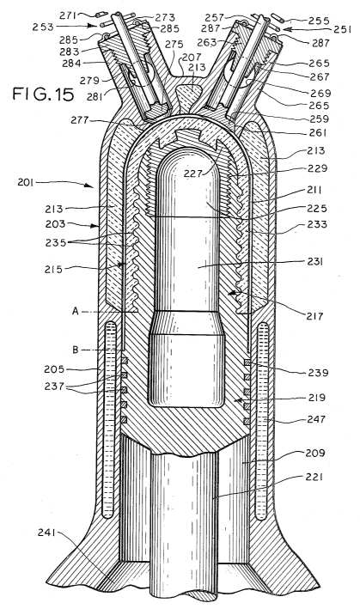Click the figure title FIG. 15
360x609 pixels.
tap(43, 94)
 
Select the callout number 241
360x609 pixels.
tap(47, 533)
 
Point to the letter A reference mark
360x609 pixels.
tap(76, 311)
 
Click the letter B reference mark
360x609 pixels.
tap(76, 350)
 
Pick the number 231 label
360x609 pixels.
tap(315, 262)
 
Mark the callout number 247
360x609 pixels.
tap(315, 419)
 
